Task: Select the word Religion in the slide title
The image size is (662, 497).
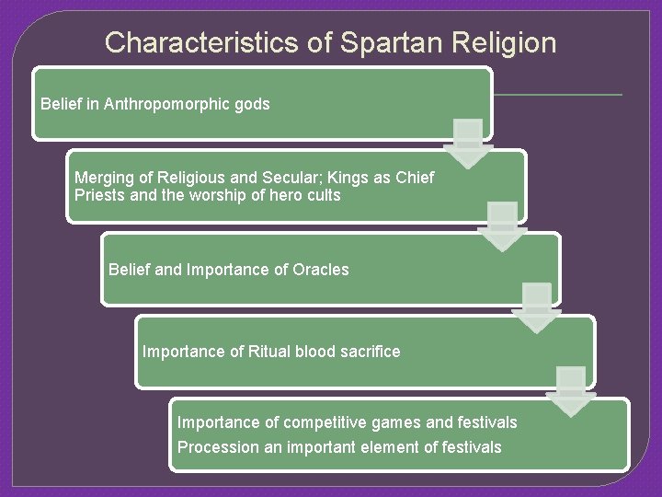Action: click(505, 42)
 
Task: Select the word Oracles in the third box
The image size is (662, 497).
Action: click(320, 270)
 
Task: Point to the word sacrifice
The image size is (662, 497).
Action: click(368, 352)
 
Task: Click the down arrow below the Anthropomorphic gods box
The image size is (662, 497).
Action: click(468, 144)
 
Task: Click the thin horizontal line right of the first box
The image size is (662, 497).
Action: click(557, 94)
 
